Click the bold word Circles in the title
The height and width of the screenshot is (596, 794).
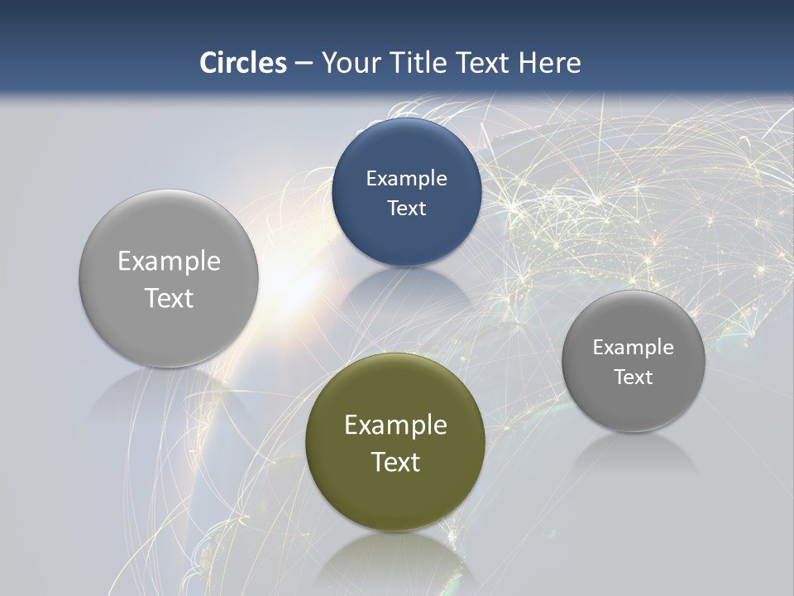(x=243, y=63)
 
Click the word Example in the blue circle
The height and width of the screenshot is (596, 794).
(x=406, y=179)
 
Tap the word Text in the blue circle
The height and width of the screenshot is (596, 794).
(x=406, y=209)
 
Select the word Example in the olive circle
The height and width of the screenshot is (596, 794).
(x=395, y=425)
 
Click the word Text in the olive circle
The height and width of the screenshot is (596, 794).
(x=395, y=462)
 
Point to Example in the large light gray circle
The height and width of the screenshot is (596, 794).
(x=169, y=262)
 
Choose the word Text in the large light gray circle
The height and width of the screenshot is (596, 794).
(x=169, y=298)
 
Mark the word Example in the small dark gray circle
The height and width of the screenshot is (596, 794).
(x=633, y=348)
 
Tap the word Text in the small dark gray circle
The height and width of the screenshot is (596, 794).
(x=633, y=377)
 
